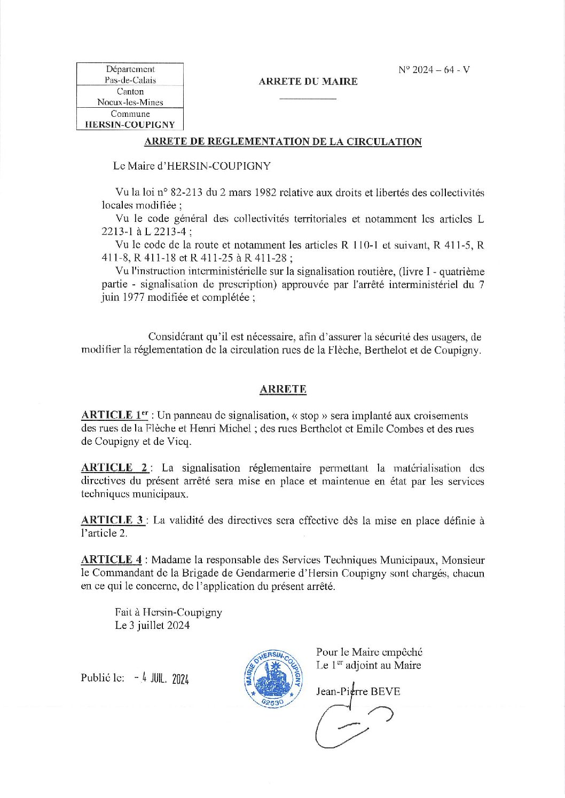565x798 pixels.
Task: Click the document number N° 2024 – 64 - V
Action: coord(434,70)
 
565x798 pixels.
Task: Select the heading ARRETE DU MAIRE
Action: coord(308,82)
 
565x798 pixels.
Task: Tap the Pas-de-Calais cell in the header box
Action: coord(130,80)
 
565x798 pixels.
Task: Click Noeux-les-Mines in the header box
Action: coord(130,102)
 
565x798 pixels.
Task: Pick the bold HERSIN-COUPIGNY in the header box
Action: coord(130,125)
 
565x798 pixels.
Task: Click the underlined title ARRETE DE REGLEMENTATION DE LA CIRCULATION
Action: coord(283,142)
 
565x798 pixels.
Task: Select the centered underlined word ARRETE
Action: coord(283,389)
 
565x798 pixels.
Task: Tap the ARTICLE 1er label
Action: coord(114,416)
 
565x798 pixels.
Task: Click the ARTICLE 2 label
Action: coord(115,468)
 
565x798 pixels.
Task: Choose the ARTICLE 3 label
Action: coord(113,520)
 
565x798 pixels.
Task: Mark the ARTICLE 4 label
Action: coord(112,560)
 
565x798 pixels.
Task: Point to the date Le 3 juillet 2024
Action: coord(152,626)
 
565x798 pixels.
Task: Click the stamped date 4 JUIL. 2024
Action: coord(162,679)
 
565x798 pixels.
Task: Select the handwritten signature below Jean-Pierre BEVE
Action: coord(353,723)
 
